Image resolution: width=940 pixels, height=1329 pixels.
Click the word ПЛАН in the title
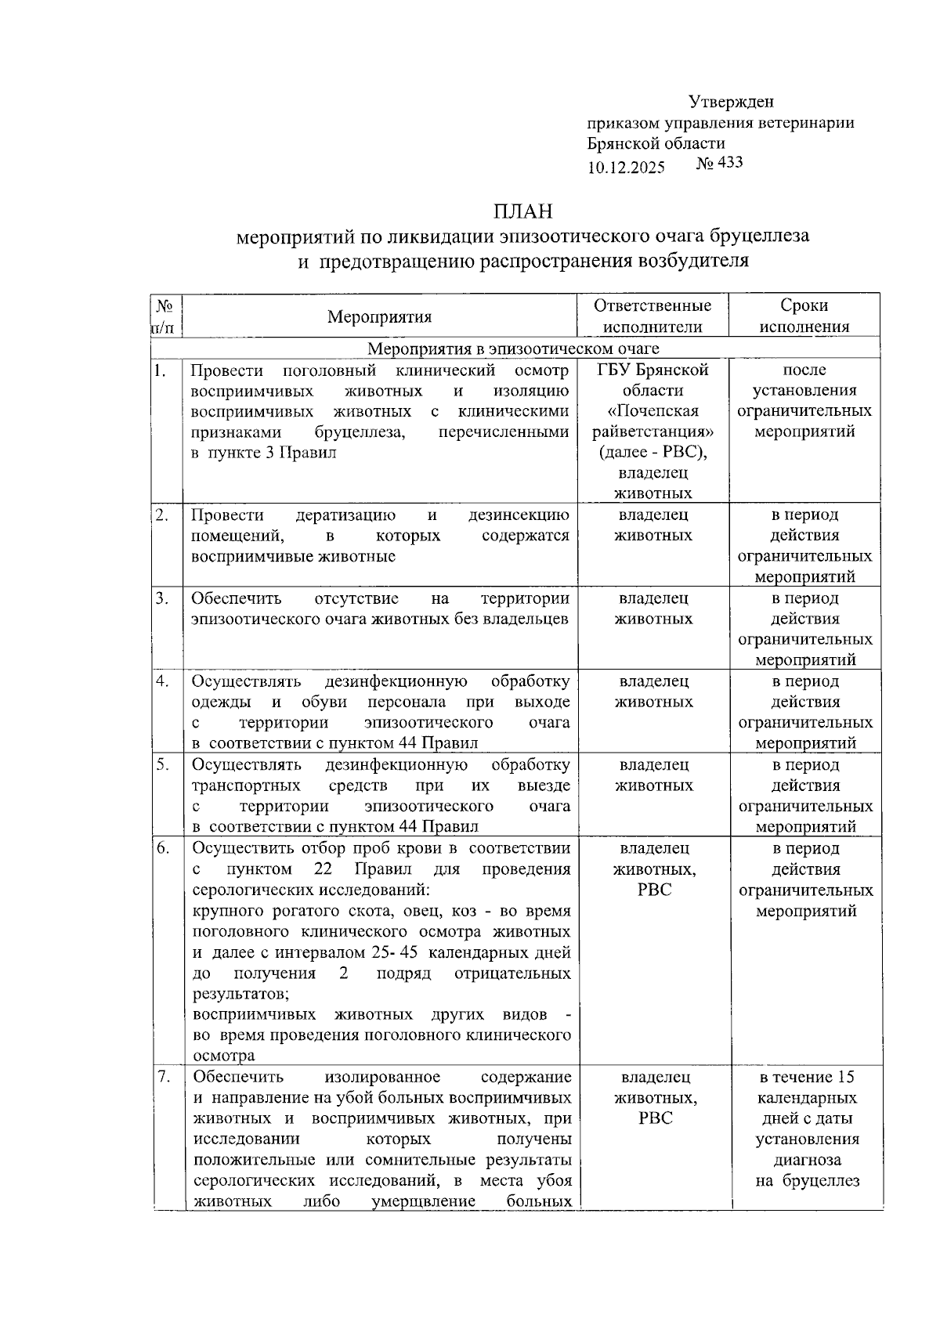coord(522,211)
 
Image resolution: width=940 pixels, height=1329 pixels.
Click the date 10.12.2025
coord(626,168)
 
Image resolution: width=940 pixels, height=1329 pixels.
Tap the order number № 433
coord(719,163)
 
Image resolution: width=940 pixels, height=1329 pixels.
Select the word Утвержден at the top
coord(732,102)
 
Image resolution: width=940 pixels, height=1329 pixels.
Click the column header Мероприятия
coord(379,316)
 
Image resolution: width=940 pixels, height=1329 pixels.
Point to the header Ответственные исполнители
coord(653,316)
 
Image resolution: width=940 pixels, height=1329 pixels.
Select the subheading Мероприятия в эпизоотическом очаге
coord(513,349)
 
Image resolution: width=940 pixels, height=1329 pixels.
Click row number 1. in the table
coord(160,370)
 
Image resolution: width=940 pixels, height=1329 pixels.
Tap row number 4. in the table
coord(162,681)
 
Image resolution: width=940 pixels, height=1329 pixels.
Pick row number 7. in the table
coord(163,1076)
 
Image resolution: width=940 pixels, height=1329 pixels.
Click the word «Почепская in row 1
coord(653,411)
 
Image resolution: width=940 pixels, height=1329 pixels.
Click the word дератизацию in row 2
coord(345,515)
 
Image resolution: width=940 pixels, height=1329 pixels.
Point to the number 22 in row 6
coord(323,869)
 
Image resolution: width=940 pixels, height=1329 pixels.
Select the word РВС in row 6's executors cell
coord(654,890)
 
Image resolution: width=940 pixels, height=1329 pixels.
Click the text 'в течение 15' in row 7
coord(806,1077)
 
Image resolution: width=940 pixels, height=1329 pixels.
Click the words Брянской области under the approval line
coord(656,143)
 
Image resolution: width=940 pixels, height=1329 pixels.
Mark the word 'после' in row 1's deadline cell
coord(804,370)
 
